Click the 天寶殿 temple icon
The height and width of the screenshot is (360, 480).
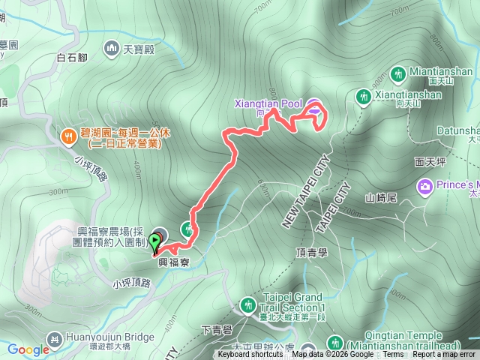tap(113, 49)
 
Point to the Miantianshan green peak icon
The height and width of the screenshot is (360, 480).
tap(398, 73)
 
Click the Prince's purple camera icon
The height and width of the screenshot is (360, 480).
tap(424, 185)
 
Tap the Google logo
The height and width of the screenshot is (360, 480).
tap(28, 349)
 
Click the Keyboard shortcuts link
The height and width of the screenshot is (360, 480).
tap(251, 355)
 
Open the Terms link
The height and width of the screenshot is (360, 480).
tap(393, 355)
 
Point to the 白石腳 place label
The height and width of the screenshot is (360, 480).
tap(72, 55)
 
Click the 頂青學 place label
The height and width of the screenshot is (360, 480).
tap(313, 253)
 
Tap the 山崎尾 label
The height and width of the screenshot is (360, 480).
tap(379, 198)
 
